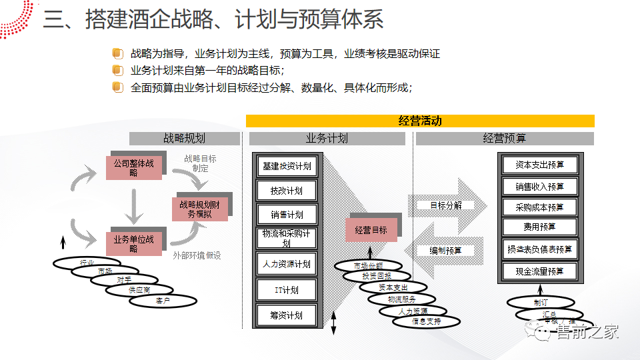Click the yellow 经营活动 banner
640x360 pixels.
(x=420, y=121)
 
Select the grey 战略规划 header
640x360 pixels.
(x=184, y=139)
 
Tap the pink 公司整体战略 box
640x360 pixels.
(x=133, y=167)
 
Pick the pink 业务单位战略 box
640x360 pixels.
(x=133, y=244)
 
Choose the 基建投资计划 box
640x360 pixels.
(x=287, y=166)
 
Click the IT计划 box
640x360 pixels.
(x=287, y=290)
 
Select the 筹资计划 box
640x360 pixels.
(x=287, y=315)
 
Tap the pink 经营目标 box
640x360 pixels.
(x=371, y=230)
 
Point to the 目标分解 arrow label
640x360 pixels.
(x=446, y=205)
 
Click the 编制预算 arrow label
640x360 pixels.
(x=446, y=251)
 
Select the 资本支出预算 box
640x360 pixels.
(x=539, y=165)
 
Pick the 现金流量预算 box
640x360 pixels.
(x=539, y=271)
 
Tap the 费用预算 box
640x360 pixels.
(x=539, y=227)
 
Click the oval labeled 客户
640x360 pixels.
(x=163, y=301)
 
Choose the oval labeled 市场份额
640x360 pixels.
(x=368, y=266)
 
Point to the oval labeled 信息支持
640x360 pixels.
(x=427, y=321)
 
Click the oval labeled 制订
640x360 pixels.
(x=540, y=302)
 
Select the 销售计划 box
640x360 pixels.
(x=287, y=215)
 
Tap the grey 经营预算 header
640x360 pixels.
(x=504, y=139)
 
